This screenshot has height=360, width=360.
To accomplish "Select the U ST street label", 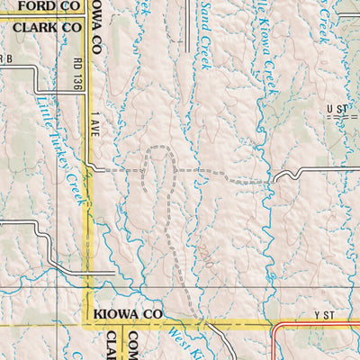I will (337, 109).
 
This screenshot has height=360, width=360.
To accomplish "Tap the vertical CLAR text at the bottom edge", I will (112, 344).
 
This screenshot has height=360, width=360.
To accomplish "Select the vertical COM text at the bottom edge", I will (132, 344).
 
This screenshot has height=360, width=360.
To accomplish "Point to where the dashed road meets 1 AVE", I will (90, 167).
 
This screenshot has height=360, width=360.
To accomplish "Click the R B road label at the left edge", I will (6, 59).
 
